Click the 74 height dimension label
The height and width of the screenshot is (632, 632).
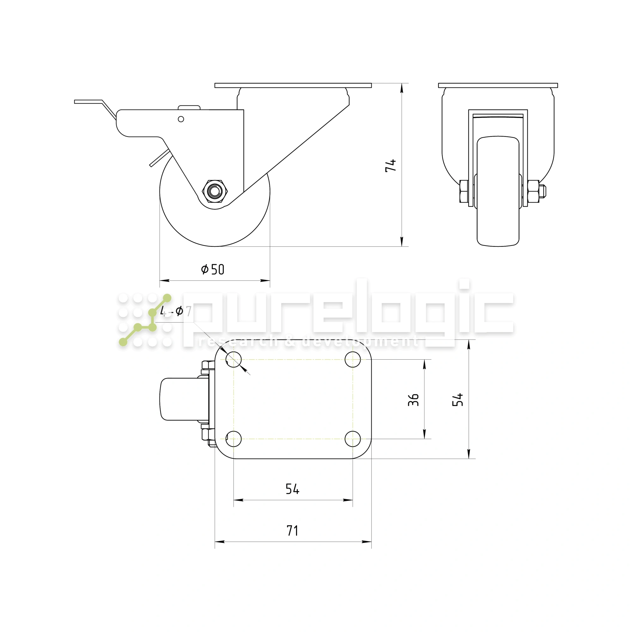390,166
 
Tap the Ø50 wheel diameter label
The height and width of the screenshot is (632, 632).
213,270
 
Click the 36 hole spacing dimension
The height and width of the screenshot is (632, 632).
413,400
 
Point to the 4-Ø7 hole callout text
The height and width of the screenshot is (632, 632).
176,311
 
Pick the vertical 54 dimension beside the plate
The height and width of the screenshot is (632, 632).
458,399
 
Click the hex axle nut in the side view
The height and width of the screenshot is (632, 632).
215,191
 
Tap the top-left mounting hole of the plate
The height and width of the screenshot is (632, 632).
234,360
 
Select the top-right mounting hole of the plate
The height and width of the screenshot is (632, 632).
353,360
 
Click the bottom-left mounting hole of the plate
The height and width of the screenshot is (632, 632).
234,439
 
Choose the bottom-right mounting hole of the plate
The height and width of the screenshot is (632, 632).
353,439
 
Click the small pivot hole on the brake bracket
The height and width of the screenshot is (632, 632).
181,119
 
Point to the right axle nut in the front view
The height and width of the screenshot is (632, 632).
534,191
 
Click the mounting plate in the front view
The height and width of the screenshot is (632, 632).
498,85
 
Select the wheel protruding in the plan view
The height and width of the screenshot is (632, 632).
178,399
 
